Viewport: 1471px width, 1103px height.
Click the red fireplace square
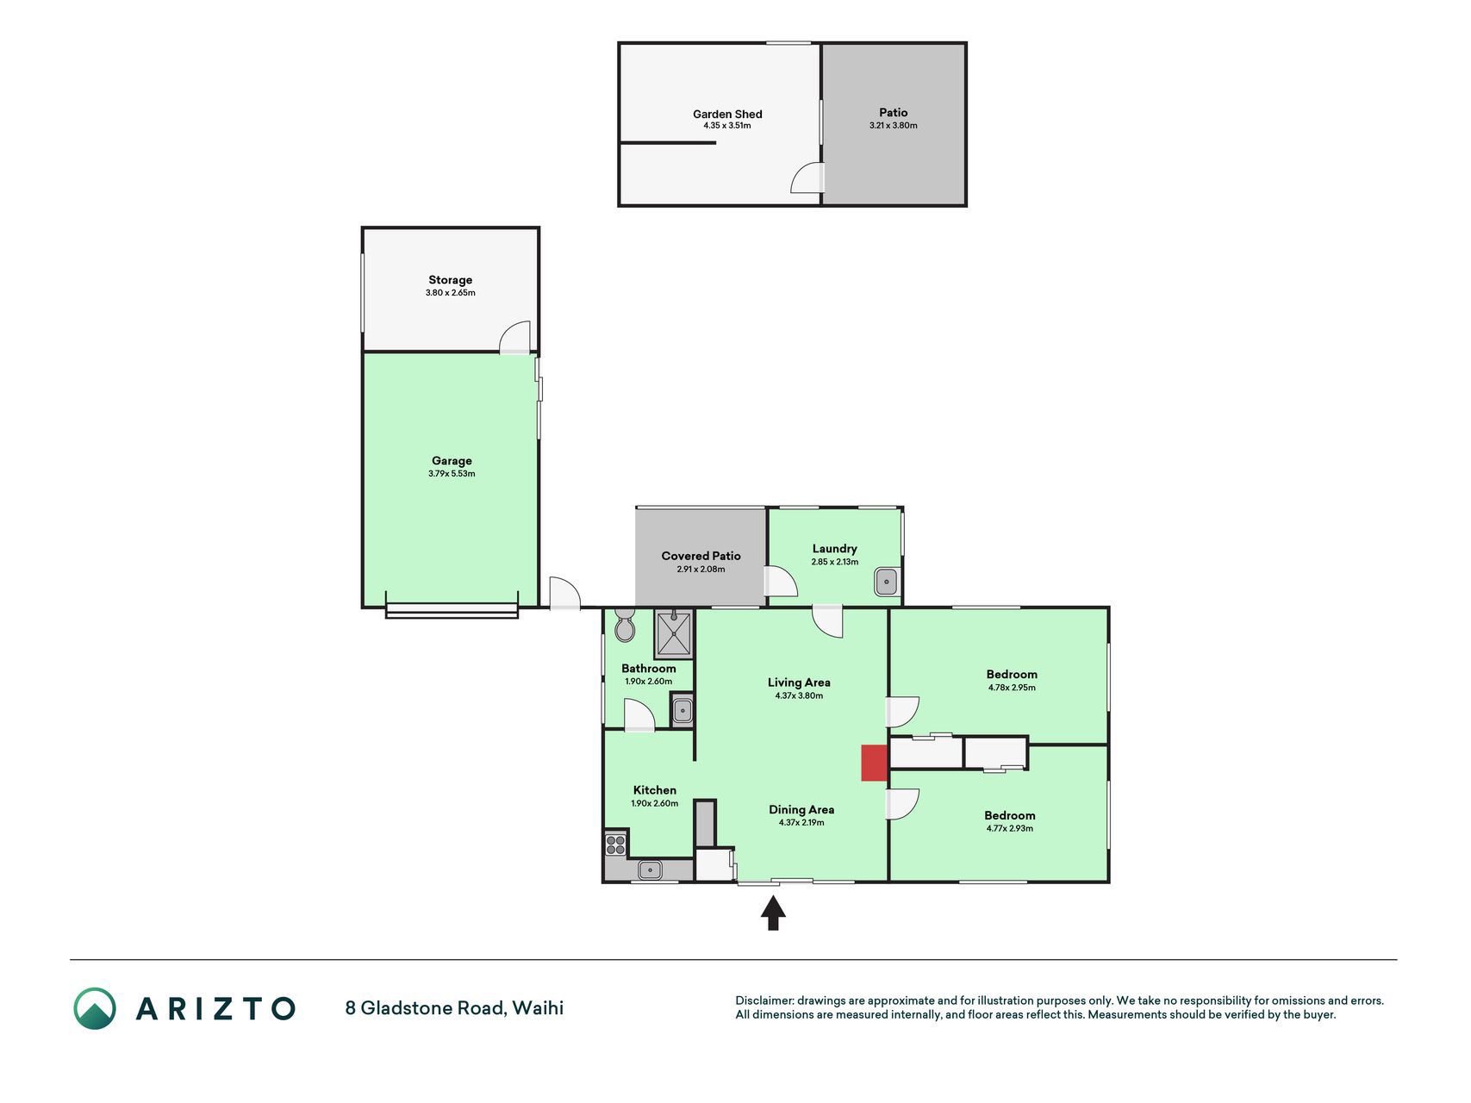[x=875, y=763]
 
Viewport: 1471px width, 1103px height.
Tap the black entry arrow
[x=773, y=913]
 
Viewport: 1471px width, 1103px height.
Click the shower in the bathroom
[x=674, y=633]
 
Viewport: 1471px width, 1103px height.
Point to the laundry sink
[x=887, y=583]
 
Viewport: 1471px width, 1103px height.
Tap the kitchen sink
[x=649, y=870]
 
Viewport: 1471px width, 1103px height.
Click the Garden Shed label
[x=727, y=114]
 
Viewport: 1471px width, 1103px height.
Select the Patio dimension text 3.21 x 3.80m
[x=894, y=126]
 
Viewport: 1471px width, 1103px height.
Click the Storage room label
[x=451, y=280]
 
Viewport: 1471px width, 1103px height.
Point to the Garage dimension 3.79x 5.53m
[x=452, y=474]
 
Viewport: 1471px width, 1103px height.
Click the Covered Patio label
[x=701, y=556]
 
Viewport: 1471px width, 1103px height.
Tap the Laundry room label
[x=835, y=549]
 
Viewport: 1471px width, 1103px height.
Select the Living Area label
[x=799, y=682]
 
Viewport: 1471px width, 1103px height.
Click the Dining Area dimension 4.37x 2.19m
[x=801, y=823]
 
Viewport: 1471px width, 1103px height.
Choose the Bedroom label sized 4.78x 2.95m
[x=1012, y=675]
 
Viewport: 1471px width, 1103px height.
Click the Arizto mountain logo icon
[x=94, y=1008]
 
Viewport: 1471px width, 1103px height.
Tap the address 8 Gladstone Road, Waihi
[x=454, y=1008]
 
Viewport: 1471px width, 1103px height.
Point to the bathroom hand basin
[x=682, y=711]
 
